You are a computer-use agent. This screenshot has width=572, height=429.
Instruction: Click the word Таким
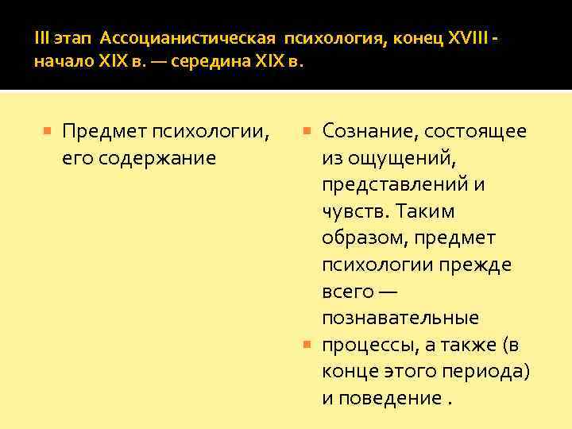point(426,211)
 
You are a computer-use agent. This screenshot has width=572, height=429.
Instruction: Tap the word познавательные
point(400,318)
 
